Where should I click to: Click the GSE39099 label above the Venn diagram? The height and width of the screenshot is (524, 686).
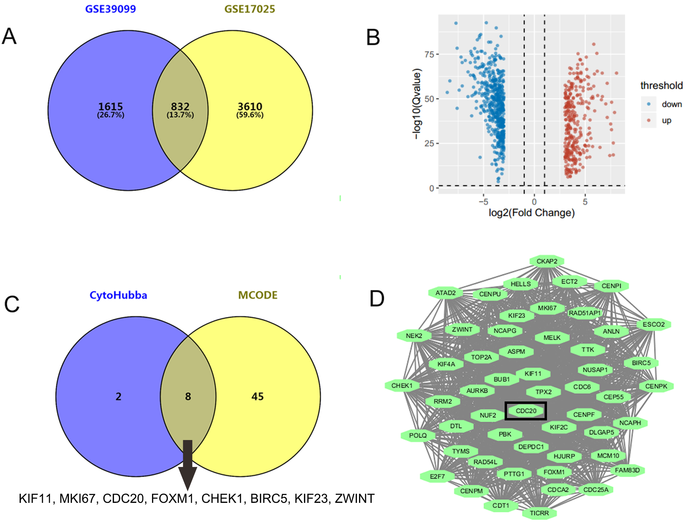pos(111,9)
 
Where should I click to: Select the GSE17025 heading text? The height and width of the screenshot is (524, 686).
pos(250,9)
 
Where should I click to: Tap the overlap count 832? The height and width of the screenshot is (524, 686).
pos(180,107)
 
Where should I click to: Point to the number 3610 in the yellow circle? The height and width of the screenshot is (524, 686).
pos(250,107)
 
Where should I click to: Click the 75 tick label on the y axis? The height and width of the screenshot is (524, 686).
pos(429,55)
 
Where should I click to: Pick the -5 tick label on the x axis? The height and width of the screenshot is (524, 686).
pos(483,202)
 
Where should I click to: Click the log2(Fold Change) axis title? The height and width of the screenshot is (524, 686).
pos(532,213)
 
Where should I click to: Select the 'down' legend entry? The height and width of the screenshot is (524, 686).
pos(671,104)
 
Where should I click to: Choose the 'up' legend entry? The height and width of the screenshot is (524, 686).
pos(666,121)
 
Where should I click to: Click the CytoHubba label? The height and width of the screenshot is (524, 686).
pos(118,295)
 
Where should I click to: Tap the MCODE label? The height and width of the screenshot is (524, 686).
pos(257,295)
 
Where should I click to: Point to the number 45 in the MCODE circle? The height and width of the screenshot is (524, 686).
pos(257,397)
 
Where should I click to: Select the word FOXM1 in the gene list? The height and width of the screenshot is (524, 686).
pos(172,499)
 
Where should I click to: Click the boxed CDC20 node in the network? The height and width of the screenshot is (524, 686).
pos(526,411)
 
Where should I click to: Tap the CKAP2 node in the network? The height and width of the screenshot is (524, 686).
pos(547,261)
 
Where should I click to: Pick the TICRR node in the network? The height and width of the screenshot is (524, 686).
pos(539,513)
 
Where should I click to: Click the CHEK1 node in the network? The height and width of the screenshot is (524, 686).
pos(402,385)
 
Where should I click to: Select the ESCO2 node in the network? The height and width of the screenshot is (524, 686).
pos(654,324)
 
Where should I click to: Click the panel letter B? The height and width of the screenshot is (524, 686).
pos(373,37)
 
